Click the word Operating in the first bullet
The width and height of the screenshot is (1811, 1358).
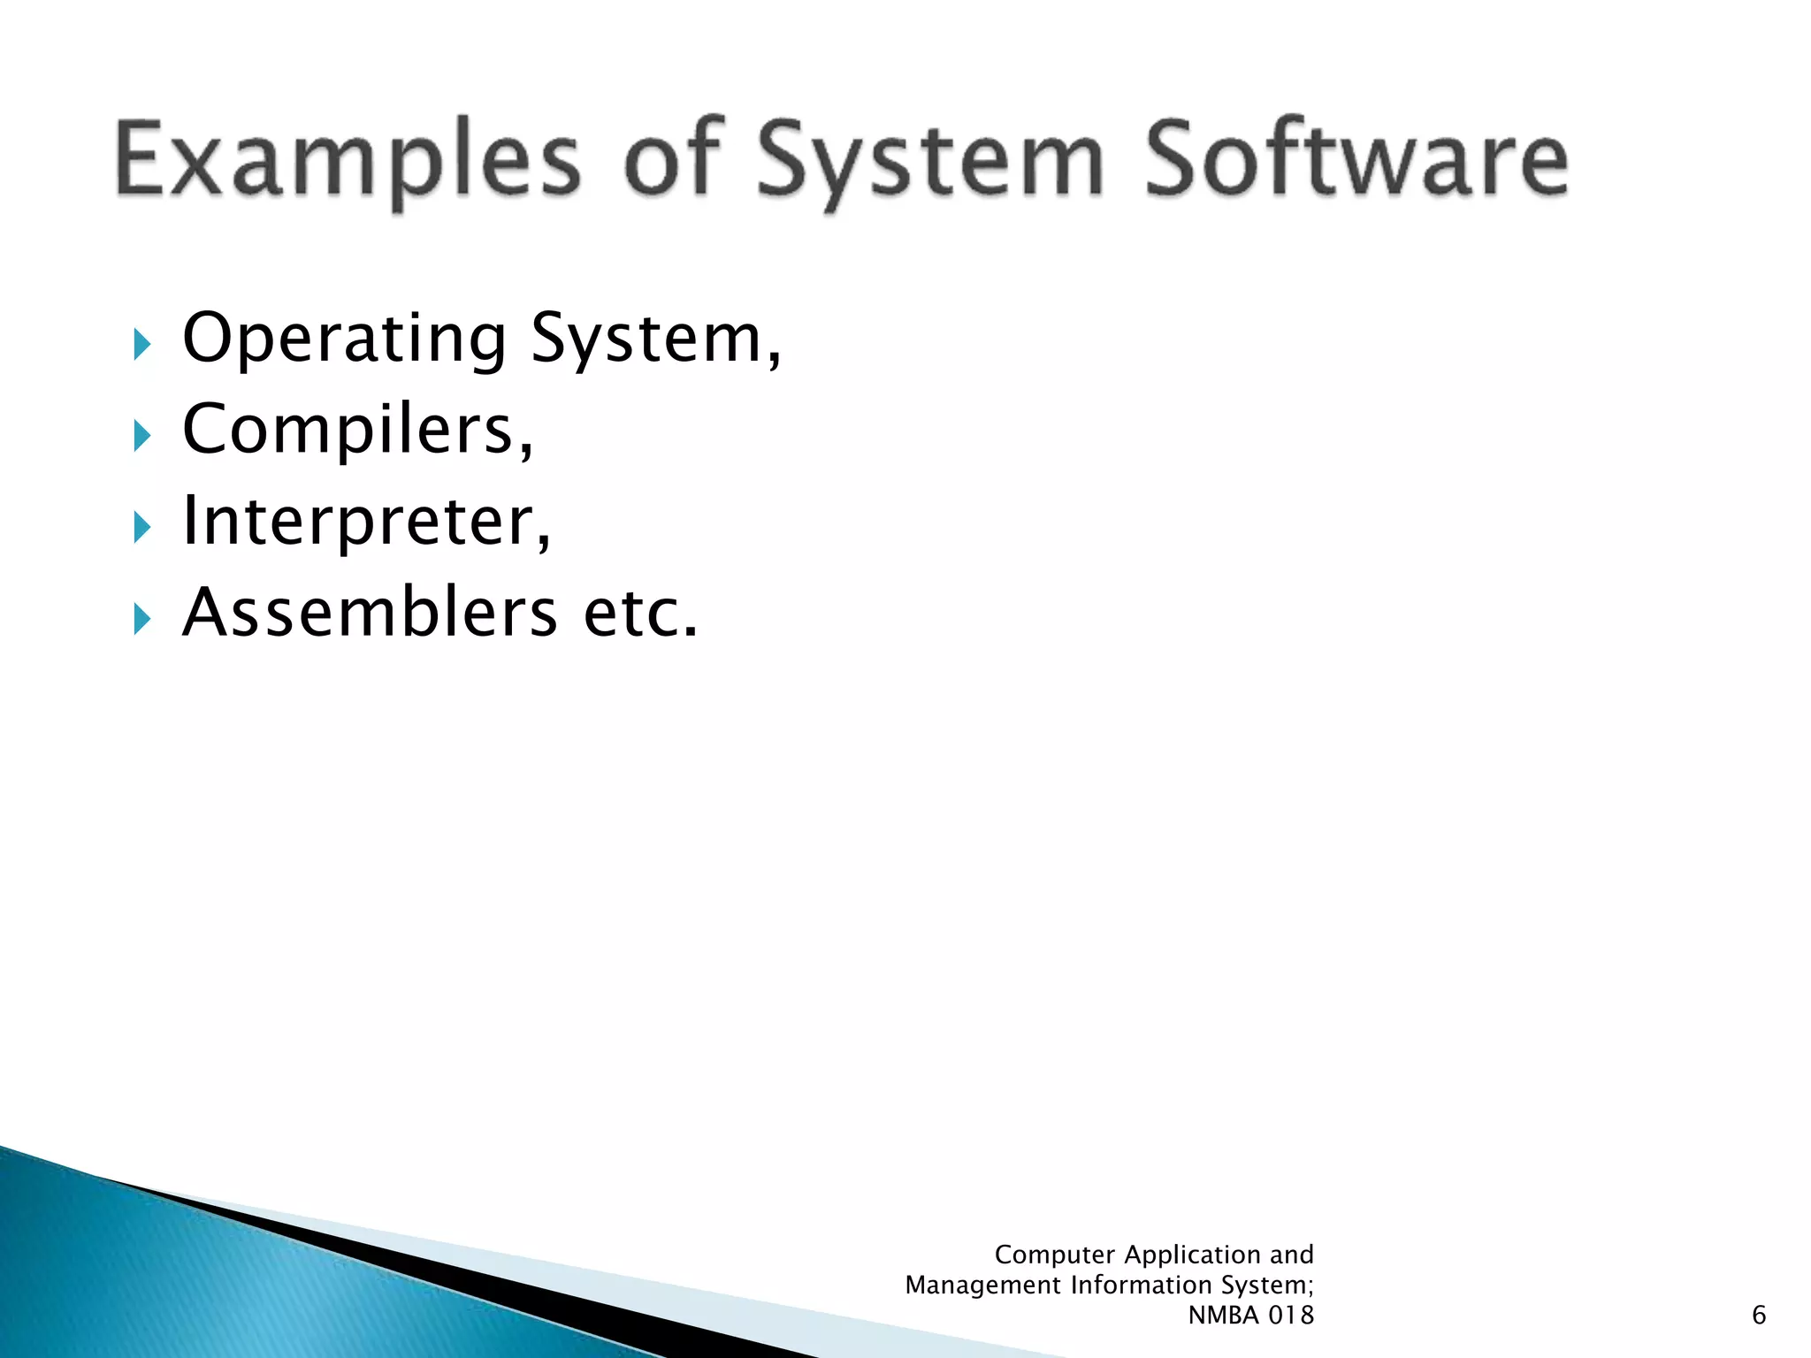344,339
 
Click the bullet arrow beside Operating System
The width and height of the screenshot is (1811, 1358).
141,343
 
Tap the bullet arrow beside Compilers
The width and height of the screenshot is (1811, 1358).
141,435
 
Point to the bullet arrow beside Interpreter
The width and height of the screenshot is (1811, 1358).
141,527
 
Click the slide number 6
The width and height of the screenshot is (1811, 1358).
1758,1315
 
